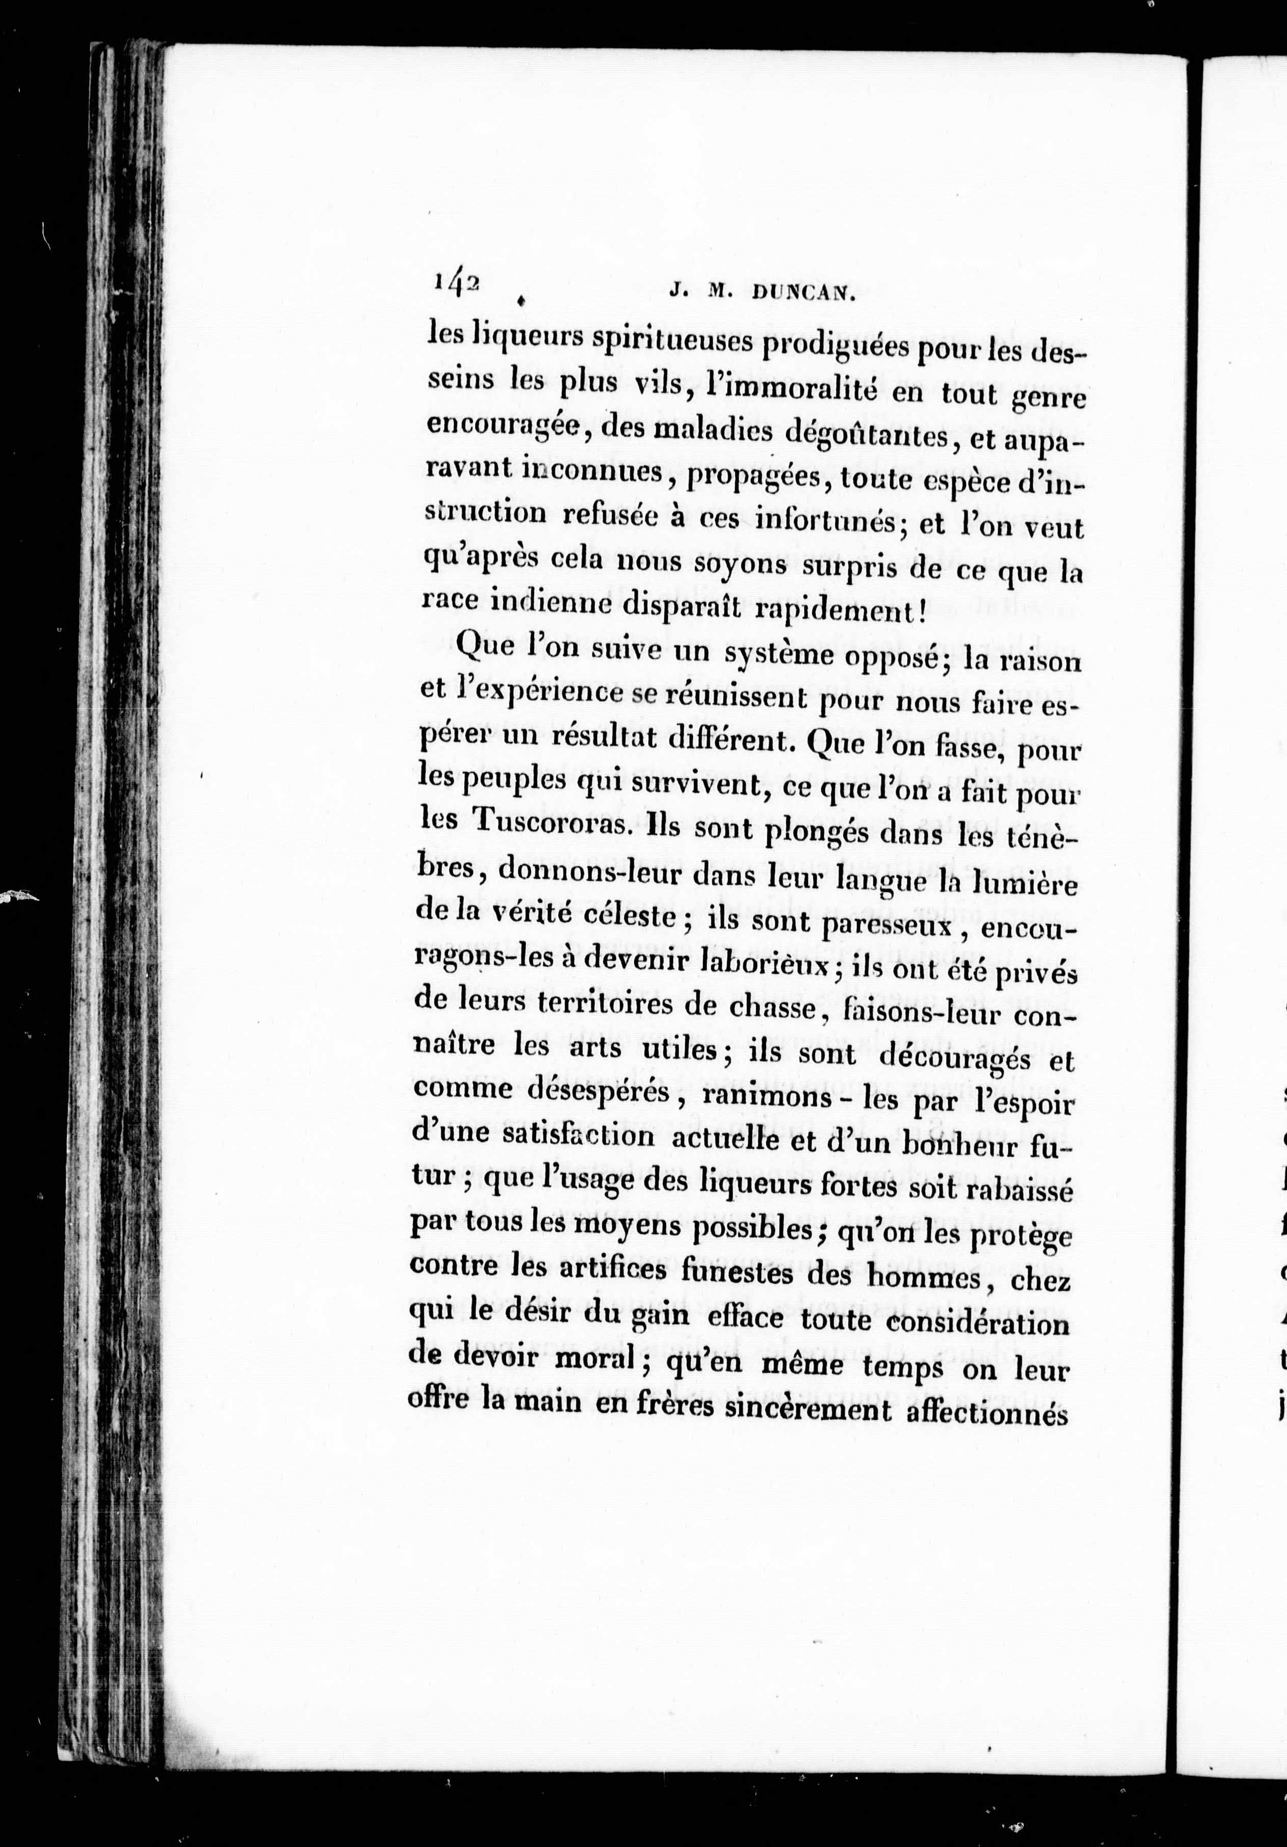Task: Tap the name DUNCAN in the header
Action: [x=800, y=295]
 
